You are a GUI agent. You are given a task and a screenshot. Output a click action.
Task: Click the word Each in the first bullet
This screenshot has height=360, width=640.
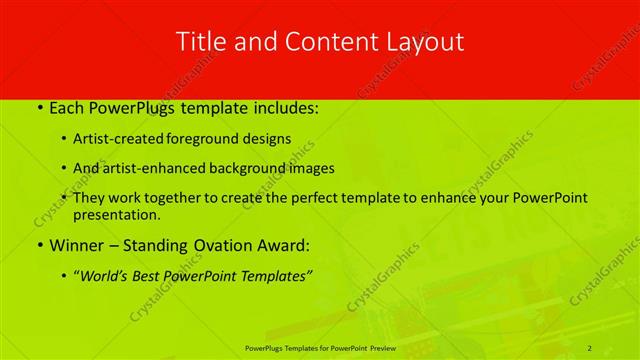coord(67,108)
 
